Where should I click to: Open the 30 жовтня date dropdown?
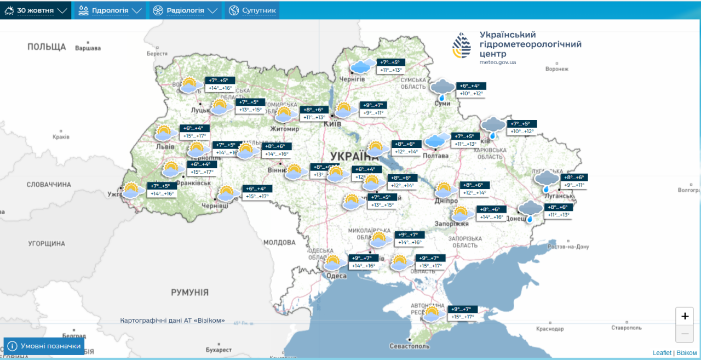point(36,10)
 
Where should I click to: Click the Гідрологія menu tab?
point(110,10)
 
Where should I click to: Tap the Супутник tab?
point(252,10)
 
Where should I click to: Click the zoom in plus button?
point(685,316)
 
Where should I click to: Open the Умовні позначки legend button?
point(44,346)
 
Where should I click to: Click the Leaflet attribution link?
point(662,353)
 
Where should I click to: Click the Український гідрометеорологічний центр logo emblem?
point(461,45)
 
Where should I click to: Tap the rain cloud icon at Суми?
point(442,90)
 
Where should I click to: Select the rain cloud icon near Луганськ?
point(546,181)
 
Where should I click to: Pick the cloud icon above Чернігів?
point(363,67)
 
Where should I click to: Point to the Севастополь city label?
point(409,346)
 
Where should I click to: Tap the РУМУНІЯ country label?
point(189,293)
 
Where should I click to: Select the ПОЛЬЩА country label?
point(47,47)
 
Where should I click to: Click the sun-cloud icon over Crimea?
point(432,314)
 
